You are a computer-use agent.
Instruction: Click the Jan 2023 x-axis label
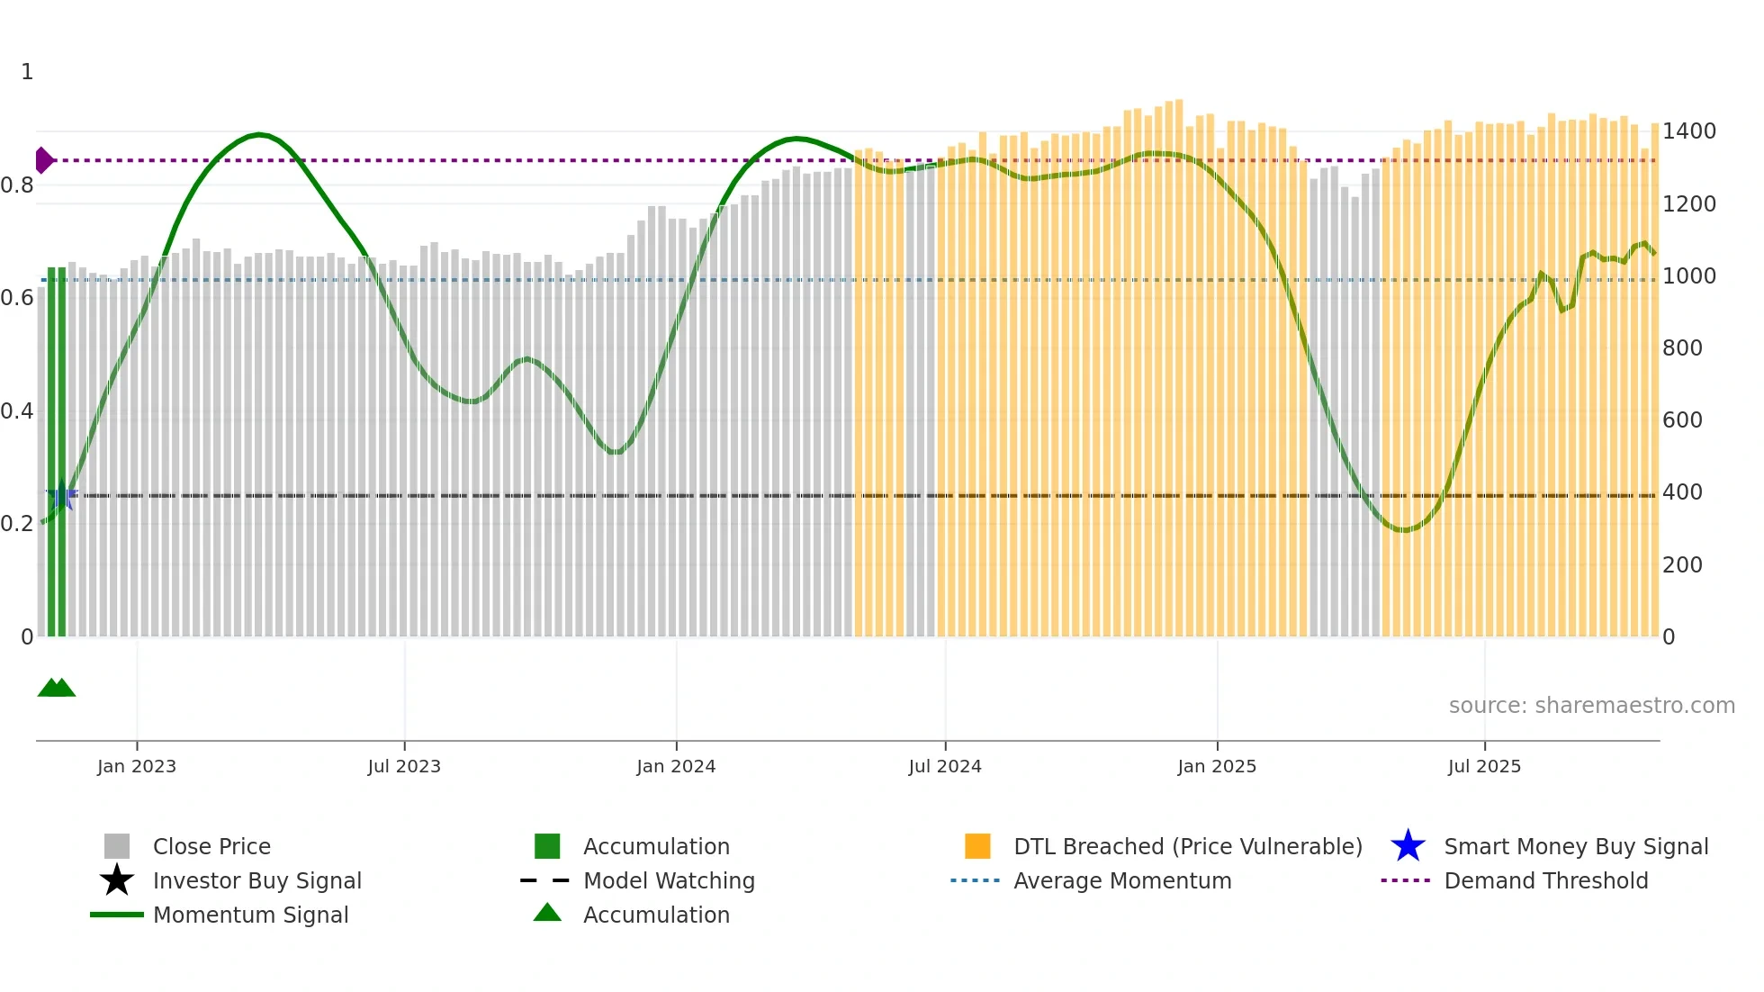click(137, 766)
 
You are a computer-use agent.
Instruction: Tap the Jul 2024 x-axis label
click(945, 766)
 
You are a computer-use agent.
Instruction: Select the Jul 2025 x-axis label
click(1484, 766)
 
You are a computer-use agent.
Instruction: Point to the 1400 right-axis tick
click(1688, 131)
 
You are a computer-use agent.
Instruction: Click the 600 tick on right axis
click(1682, 420)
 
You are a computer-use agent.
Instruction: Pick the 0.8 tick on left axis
click(17, 185)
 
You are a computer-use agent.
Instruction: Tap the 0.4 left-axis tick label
click(17, 411)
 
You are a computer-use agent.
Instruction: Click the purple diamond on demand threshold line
click(43, 160)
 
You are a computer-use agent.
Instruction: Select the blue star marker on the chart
click(61, 496)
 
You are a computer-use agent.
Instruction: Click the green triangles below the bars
click(56, 688)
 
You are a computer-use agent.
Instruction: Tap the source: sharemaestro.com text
click(1591, 705)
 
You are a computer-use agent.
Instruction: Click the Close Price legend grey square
click(117, 846)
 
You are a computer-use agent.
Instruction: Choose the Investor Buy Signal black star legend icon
click(117, 880)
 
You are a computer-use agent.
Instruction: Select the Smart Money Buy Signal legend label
click(1576, 846)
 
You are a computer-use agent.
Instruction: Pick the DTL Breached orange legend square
click(977, 846)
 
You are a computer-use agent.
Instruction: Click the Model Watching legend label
click(669, 880)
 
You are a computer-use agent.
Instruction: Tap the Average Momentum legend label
click(1122, 880)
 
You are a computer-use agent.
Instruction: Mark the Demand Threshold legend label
click(1545, 880)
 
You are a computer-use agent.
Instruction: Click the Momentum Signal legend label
click(250, 915)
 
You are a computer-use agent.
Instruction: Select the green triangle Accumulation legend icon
click(547, 913)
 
